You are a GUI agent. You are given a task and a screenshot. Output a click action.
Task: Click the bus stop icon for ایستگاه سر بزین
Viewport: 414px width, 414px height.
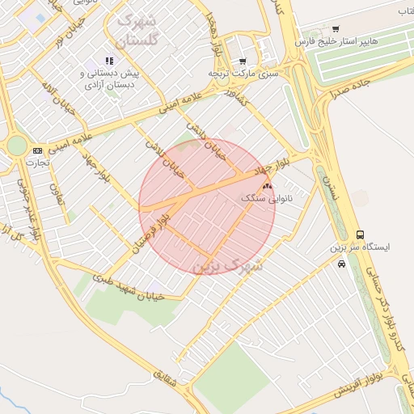tap(360, 235)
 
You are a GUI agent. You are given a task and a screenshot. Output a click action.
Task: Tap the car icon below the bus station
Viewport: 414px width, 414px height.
tap(342, 264)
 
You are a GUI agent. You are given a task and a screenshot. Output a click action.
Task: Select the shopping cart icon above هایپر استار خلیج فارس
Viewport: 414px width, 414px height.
tap(336, 29)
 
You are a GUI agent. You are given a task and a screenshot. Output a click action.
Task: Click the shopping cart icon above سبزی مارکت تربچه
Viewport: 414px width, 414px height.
tap(242, 61)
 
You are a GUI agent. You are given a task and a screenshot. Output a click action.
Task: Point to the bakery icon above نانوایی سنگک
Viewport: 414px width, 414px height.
tap(268, 186)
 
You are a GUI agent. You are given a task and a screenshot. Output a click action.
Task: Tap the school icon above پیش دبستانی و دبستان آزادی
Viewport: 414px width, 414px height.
tap(109, 61)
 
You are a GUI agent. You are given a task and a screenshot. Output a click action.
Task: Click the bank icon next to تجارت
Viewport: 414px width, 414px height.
tap(37, 151)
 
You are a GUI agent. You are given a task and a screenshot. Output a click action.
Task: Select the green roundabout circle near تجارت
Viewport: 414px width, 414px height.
tap(16, 146)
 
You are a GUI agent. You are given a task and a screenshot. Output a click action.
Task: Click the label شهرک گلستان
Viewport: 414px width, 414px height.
tap(139, 28)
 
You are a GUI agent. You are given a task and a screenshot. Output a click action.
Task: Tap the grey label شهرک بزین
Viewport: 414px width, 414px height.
tap(230, 264)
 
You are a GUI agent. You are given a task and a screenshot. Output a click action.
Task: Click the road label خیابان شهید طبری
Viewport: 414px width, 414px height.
tap(129, 286)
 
